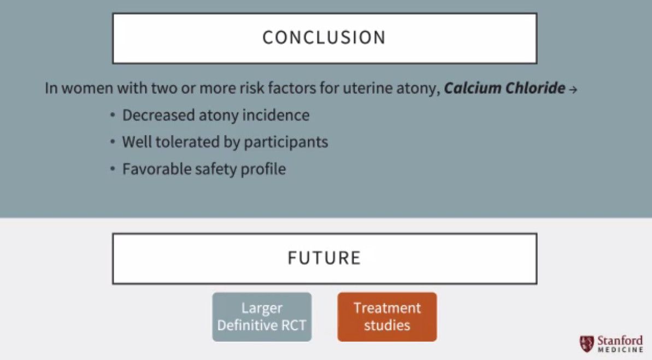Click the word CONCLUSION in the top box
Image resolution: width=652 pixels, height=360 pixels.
(324, 38)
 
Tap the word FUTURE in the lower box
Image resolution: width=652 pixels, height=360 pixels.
(324, 258)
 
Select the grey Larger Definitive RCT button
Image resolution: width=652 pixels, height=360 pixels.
(262, 317)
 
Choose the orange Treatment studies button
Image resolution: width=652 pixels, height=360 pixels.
(387, 317)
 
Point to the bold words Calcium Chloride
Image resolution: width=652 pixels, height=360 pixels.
(504, 88)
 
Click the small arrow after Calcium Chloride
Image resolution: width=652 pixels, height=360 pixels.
(573, 90)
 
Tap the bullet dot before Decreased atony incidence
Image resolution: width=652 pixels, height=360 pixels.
(113, 116)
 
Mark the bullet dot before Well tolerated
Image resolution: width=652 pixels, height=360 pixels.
(113, 143)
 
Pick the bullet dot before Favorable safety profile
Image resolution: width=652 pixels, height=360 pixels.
(113, 169)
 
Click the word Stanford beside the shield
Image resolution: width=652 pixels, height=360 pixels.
(620, 340)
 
